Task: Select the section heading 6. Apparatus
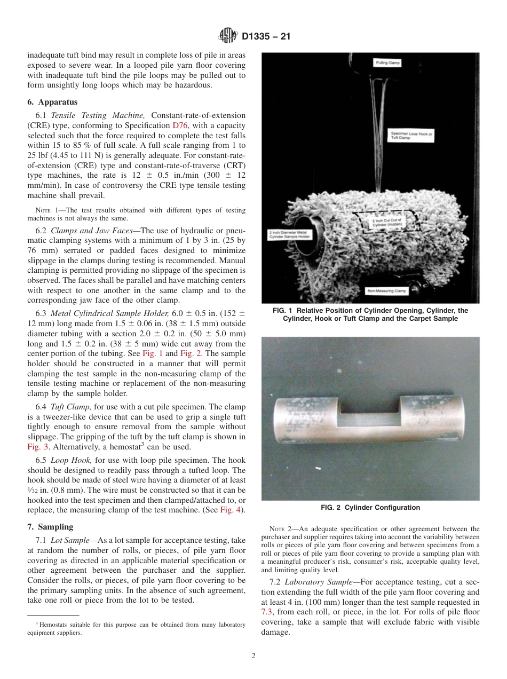click(x=52, y=102)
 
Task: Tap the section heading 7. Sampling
click(x=50, y=527)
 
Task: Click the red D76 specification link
click(x=179, y=125)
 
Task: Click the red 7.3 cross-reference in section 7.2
click(x=267, y=612)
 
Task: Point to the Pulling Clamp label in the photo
click(x=388, y=63)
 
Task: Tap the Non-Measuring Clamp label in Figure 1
click(x=386, y=291)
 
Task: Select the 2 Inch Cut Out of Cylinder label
click(x=387, y=222)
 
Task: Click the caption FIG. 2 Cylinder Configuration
click(x=370, y=508)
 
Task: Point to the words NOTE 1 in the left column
click(x=47, y=210)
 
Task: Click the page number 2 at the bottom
click(x=253, y=656)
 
